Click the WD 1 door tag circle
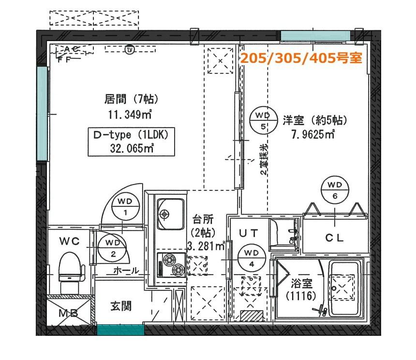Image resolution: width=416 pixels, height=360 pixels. pos(125,207)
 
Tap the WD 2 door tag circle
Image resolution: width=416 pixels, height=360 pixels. pos(113,248)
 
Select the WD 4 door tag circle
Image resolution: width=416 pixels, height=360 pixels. pos(251,258)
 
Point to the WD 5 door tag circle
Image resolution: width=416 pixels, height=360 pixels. pos(263,121)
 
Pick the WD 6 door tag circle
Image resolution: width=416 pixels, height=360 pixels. pos(335,190)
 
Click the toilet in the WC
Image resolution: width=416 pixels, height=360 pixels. pos(71,272)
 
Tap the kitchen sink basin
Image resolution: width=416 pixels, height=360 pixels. pos(170,214)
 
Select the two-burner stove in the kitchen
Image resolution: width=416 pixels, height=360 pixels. pos(171,265)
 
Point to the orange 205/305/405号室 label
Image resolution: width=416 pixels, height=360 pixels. pos(301,58)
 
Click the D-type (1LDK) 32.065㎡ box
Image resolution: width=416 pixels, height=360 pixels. pos(131,142)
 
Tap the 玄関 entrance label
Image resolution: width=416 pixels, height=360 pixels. pos(121,306)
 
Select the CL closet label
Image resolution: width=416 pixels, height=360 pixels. pos(335,238)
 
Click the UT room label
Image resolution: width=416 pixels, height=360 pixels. pos(248,233)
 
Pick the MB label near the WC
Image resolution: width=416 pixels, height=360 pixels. pos(69,313)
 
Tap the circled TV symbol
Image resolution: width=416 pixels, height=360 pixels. pos(130,50)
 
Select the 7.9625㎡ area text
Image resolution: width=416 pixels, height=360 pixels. pos(313,135)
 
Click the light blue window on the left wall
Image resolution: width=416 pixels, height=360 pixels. pos(42,114)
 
